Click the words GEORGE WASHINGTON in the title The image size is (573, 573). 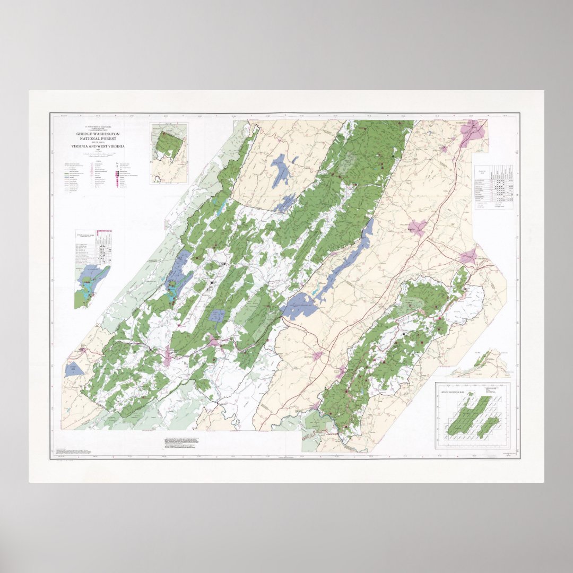point(98,134)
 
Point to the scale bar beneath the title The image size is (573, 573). point(98,154)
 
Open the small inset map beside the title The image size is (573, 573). point(169,153)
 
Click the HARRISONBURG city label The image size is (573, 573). point(466,123)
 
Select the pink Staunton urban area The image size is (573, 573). point(418,228)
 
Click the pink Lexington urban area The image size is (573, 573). point(319,356)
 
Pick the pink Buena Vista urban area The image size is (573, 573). point(340,371)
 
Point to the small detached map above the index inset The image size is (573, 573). point(480,363)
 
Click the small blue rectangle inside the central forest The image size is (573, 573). point(216,316)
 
